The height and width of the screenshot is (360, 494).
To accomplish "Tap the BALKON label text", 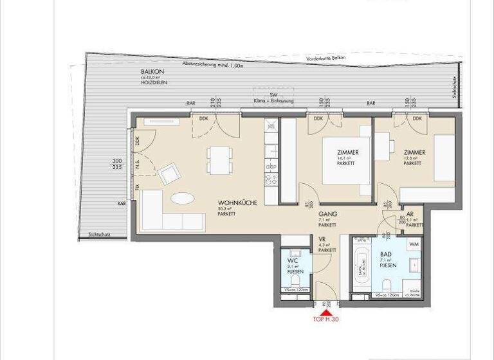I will pyautogui.click(x=152, y=71).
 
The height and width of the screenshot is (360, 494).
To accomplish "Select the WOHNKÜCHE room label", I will pyautogui.click(x=237, y=203).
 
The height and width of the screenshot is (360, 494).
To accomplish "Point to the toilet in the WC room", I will pyautogui.click(x=297, y=280).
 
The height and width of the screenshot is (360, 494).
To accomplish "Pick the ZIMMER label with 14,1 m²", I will pyautogui.click(x=347, y=152).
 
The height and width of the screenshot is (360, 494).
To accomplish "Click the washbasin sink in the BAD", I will pyautogui.click(x=414, y=264).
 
